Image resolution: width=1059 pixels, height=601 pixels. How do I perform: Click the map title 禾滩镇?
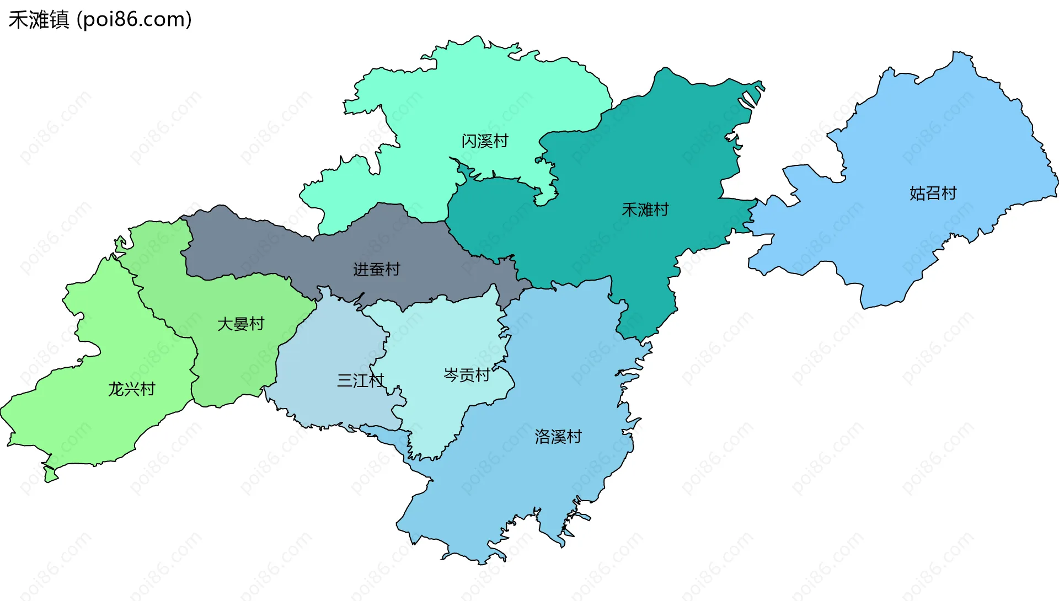coord(39,20)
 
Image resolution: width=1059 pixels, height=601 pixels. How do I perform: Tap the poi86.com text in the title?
coord(134,20)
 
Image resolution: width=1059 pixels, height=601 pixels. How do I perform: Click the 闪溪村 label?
coord(484,141)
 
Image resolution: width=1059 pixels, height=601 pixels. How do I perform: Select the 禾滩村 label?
coord(645,210)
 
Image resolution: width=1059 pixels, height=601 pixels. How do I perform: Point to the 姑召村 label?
coord(933,193)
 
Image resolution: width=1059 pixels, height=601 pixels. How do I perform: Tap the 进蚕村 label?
coord(376,269)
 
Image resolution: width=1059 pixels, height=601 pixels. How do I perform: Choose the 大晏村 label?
coord(240,324)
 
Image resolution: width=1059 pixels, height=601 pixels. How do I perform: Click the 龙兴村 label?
coord(131,389)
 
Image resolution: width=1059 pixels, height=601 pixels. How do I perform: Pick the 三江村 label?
coord(360,380)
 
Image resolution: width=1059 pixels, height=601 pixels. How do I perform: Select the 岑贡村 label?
coord(467,375)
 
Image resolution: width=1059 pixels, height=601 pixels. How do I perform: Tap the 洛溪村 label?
coord(558,437)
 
